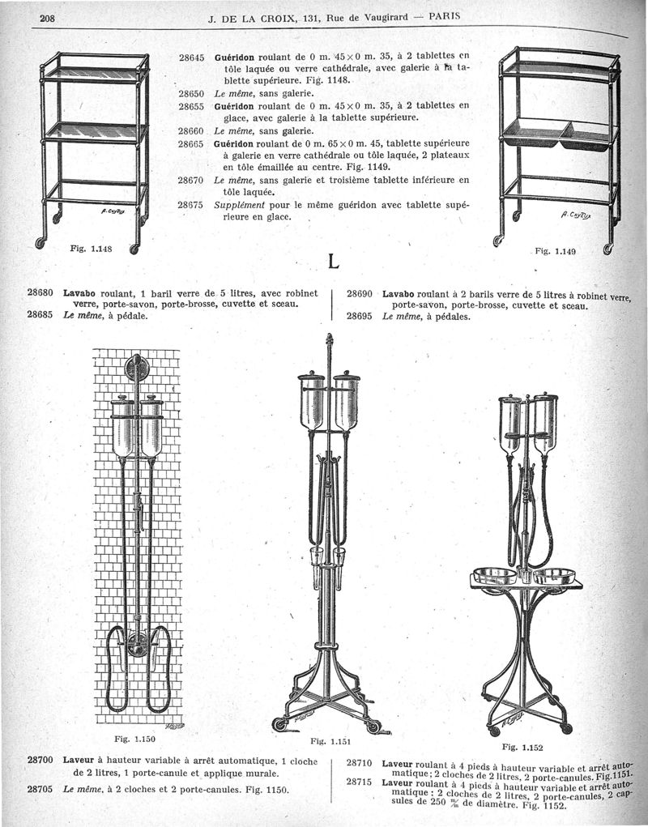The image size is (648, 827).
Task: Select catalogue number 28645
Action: [x=191, y=58]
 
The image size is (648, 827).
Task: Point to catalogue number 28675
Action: [x=191, y=205]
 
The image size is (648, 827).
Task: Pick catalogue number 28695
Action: [x=359, y=317]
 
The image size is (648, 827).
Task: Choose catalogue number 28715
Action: [x=359, y=782]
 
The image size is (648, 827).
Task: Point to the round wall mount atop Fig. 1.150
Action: [x=138, y=369]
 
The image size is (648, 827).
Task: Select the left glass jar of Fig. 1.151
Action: [x=312, y=401]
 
